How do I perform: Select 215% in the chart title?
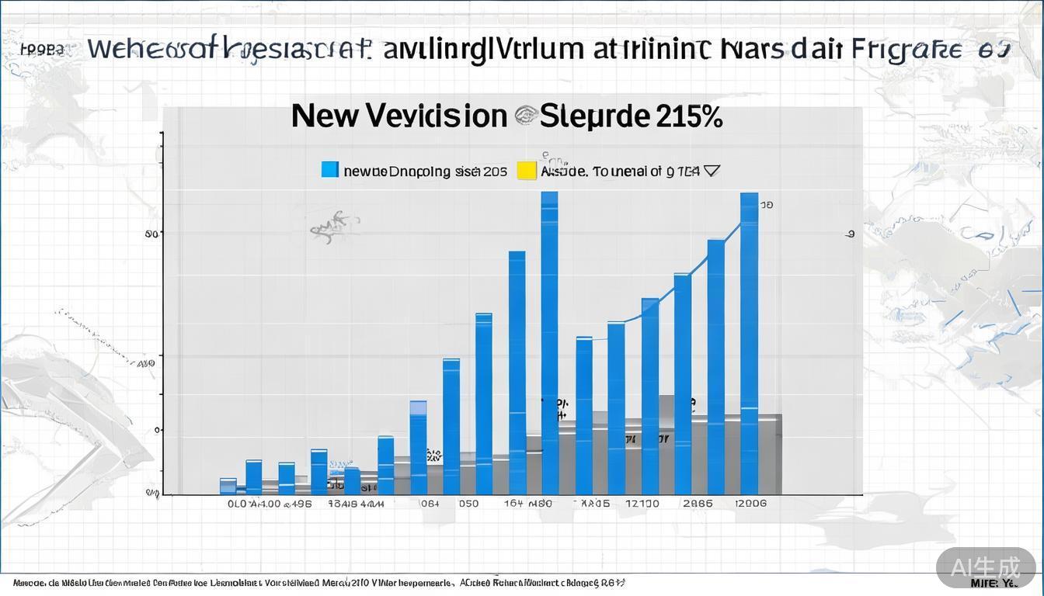tap(690, 116)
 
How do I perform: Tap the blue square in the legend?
tap(330, 170)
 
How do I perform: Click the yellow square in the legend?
tap(527, 170)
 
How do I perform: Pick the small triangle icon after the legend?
tap(711, 170)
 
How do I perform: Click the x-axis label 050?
tap(468, 504)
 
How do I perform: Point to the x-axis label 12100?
tap(642, 504)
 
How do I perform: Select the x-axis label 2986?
tap(698, 504)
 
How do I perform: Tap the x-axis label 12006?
tap(750, 504)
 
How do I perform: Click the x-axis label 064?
tap(429, 504)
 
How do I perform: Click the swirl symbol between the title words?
tap(524, 116)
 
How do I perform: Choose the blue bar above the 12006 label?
tap(749, 341)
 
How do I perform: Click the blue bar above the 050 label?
tap(483, 404)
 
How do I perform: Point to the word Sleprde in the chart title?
tap(594, 116)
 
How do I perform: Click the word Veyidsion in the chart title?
tap(436, 116)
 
